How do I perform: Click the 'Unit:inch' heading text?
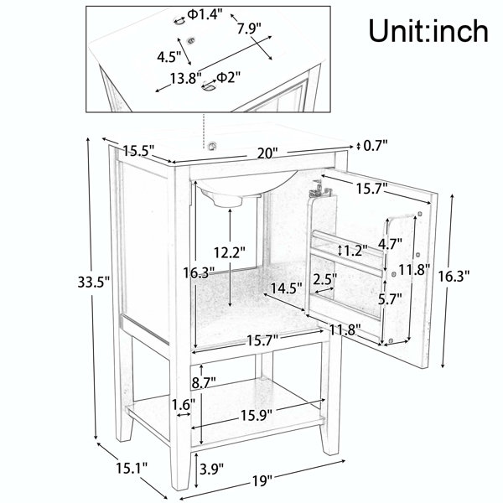pyautogui.click(x=428, y=30)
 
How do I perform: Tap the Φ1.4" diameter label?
pyautogui.click(x=205, y=14)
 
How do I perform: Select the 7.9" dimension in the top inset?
pyautogui.click(x=249, y=29)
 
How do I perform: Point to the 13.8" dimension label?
pyautogui.click(x=185, y=78)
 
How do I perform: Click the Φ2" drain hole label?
pyautogui.click(x=228, y=77)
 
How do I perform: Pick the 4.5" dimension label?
pyautogui.click(x=169, y=57)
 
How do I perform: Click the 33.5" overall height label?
pyautogui.click(x=94, y=282)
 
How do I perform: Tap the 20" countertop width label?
pyautogui.click(x=267, y=153)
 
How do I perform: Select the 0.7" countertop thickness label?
pyautogui.click(x=376, y=146)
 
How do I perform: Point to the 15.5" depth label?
pyautogui.click(x=139, y=150)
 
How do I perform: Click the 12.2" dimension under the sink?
pyautogui.click(x=230, y=253)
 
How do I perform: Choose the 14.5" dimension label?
pyautogui.click(x=286, y=288)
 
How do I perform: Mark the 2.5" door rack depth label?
pyautogui.click(x=325, y=279)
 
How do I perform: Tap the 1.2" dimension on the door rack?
pyautogui.click(x=355, y=250)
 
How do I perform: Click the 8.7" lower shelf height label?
pyautogui.click(x=204, y=382)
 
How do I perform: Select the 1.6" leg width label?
pyautogui.click(x=183, y=405)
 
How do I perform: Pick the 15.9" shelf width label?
pyautogui.click(x=257, y=416)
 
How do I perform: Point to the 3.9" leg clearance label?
pyautogui.click(x=211, y=469)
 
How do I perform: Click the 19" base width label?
pyautogui.click(x=262, y=481)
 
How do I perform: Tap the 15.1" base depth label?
pyautogui.click(x=132, y=469)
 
